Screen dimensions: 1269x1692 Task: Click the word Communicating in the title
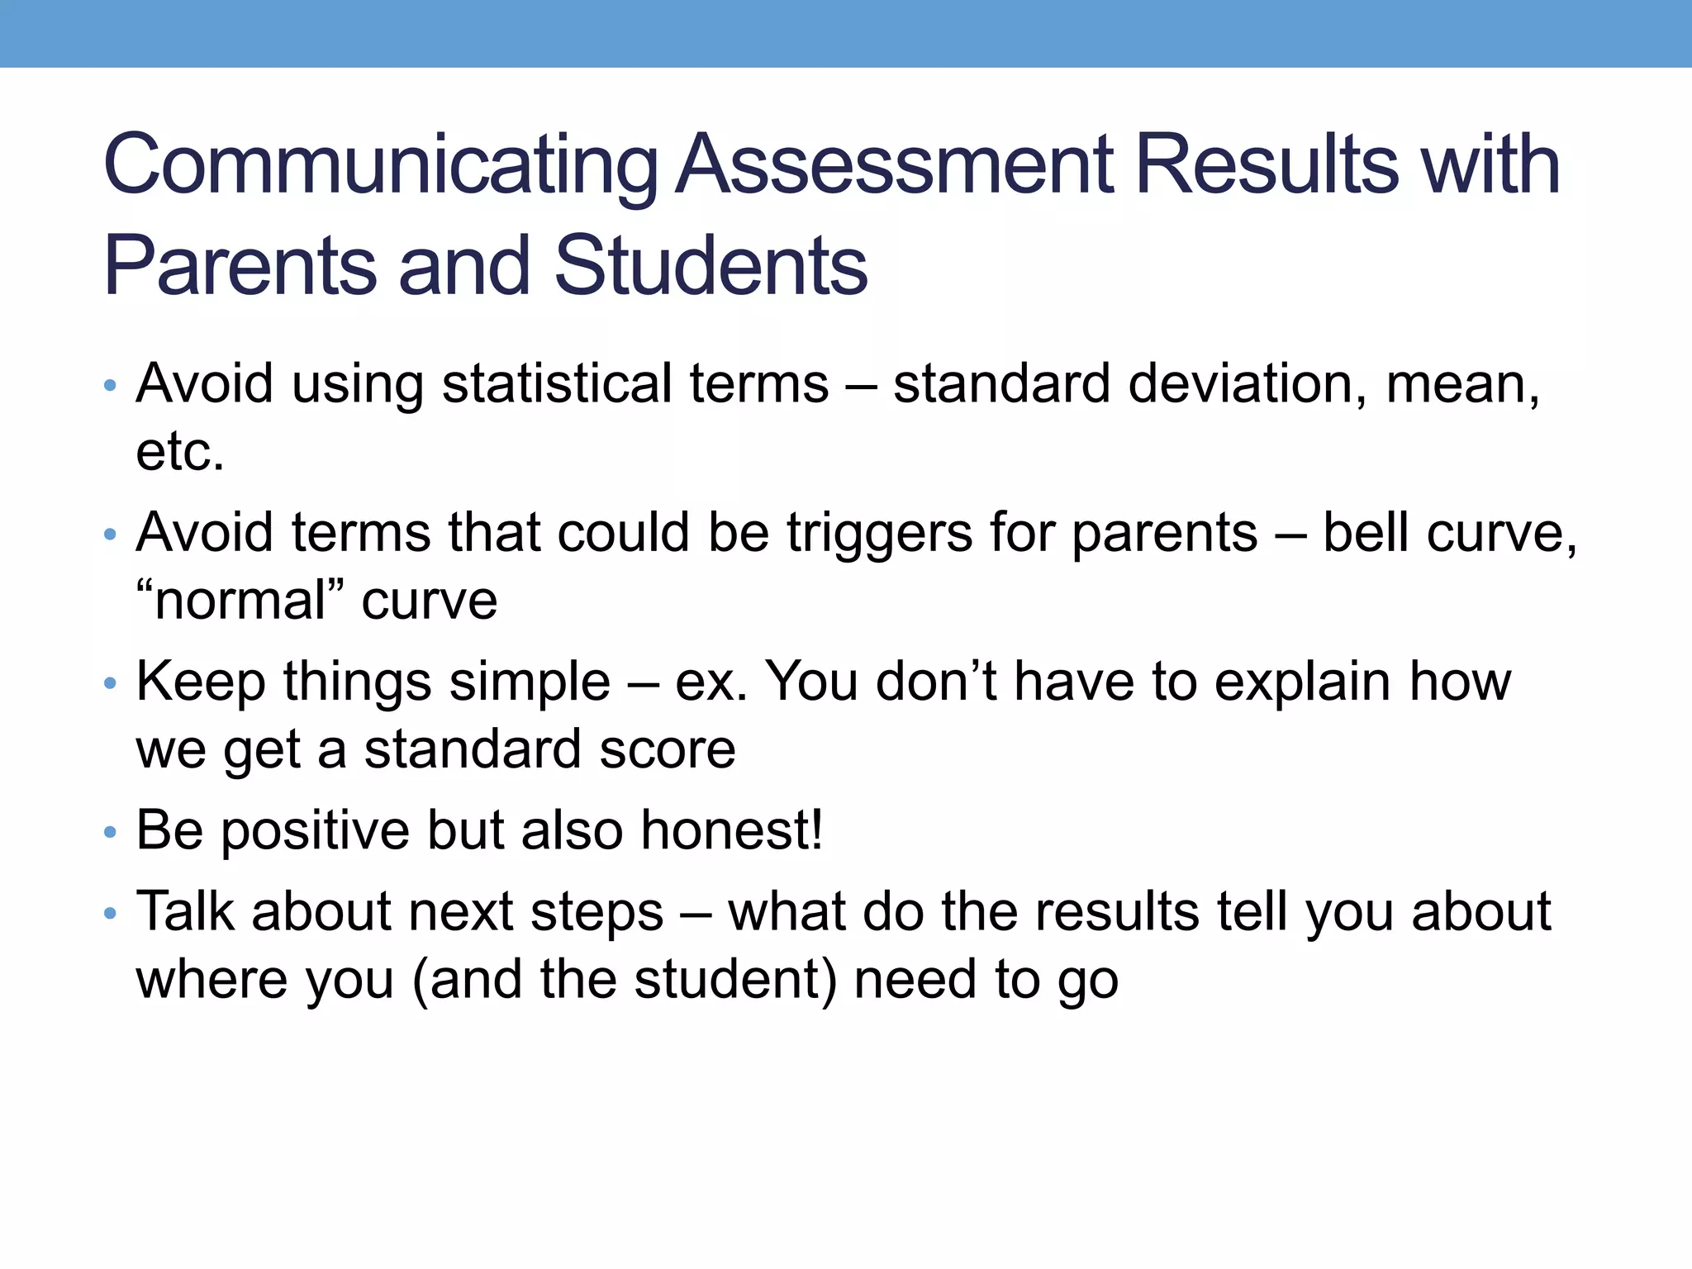pos(380,165)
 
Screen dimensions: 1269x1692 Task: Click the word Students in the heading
pos(711,266)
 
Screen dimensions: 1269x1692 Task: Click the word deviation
pos(1247,384)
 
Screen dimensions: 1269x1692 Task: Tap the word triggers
pos(879,534)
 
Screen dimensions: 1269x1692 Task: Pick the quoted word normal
pos(240,600)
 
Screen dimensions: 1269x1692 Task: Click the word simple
pos(530,682)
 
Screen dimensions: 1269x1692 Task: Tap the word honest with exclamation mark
pos(731,829)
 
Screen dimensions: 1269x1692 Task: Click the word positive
pos(315,831)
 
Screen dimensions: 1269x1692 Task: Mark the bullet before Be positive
pos(111,833)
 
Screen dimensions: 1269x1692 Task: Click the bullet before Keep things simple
pos(111,684)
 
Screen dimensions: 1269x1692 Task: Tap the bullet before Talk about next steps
pos(111,915)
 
